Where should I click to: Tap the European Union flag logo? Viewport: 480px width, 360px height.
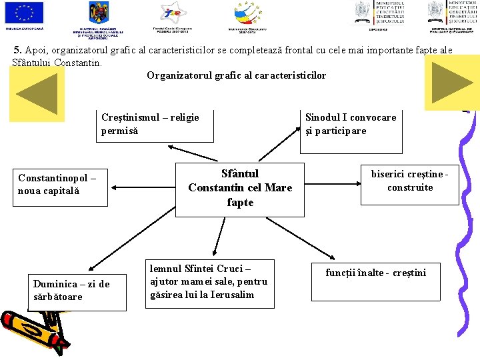(24, 13)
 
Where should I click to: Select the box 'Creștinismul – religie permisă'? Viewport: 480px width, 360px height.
(155, 125)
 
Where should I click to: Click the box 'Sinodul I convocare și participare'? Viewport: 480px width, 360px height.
(351, 125)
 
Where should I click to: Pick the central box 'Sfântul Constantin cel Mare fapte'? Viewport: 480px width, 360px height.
(240, 187)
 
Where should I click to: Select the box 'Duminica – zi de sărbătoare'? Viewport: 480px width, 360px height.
(73, 291)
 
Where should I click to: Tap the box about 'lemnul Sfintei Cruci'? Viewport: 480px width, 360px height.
(209, 283)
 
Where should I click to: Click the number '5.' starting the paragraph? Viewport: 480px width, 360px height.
(17, 50)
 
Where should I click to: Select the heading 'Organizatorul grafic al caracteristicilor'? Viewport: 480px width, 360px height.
(236, 75)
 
